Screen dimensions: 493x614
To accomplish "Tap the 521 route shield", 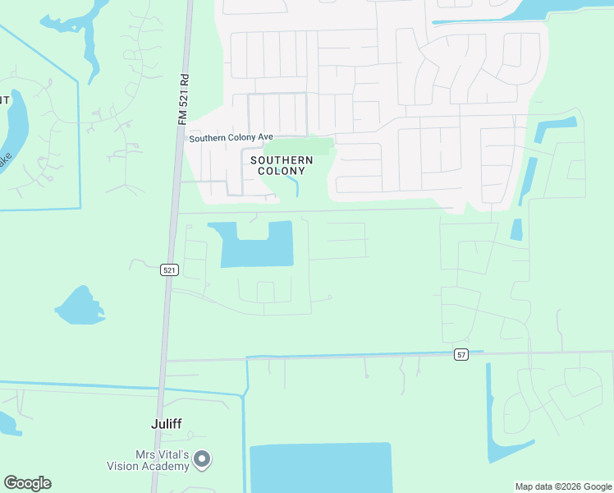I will pyautogui.click(x=169, y=270).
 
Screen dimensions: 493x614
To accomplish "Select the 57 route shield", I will pyautogui.click(x=462, y=354).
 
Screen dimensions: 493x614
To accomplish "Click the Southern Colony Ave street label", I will pyautogui.click(x=231, y=138).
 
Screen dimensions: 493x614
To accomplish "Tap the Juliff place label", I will pyautogui.click(x=167, y=424).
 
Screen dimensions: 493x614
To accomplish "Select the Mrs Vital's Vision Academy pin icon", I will pyautogui.click(x=202, y=460).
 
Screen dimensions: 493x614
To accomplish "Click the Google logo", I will pyautogui.click(x=27, y=483).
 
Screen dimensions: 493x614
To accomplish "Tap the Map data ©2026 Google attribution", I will pyautogui.click(x=563, y=486).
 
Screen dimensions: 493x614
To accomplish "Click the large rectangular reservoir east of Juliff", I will pyautogui.click(x=320, y=468).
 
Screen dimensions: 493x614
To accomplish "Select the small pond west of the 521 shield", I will pyautogui.click(x=79, y=306).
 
